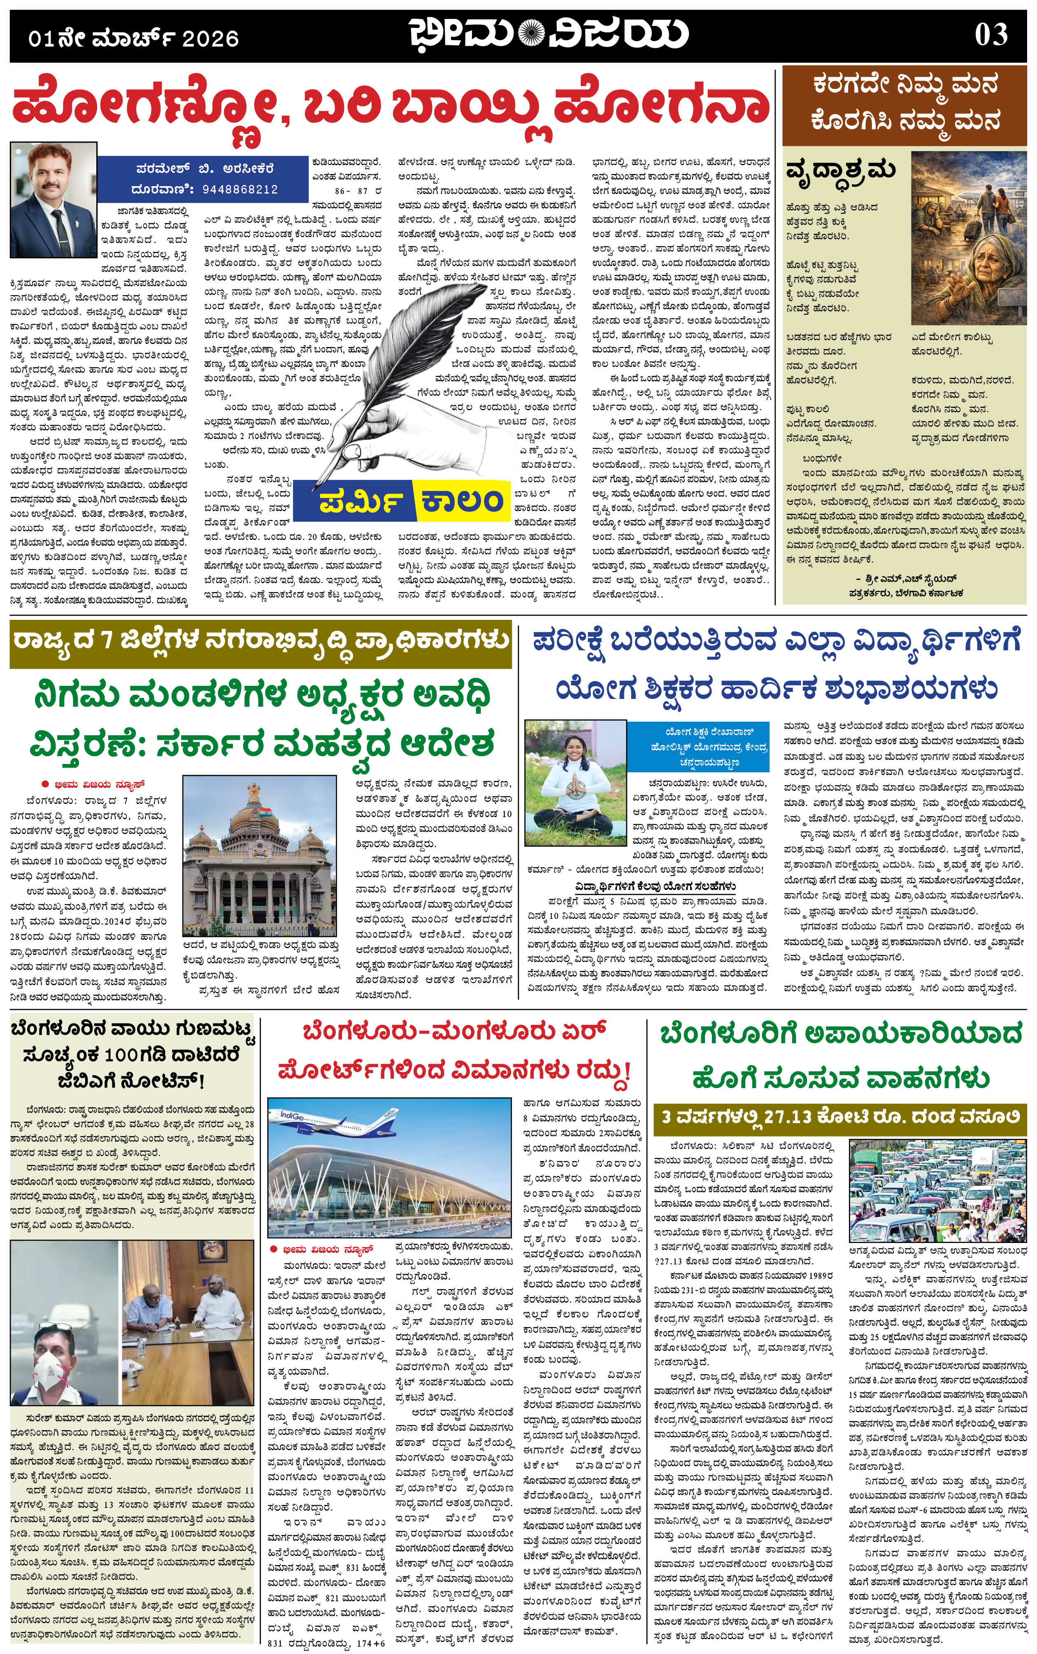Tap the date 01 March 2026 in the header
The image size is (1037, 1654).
point(134,38)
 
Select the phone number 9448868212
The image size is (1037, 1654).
point(239,189)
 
